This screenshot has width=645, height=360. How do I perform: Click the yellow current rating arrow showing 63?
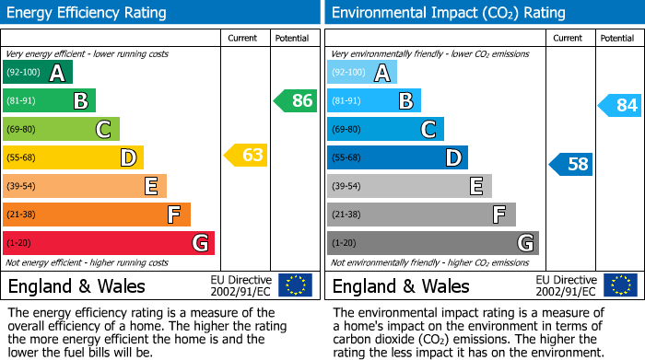pyautogui.click(x=246, y=156)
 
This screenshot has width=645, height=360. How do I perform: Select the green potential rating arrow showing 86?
pyautogui.click(x=296, y=100)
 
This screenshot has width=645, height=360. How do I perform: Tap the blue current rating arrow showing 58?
pyautogui.click(x=571, y=165)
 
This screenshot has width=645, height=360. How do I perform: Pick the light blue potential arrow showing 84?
pyautogui.click(x=620, y=106)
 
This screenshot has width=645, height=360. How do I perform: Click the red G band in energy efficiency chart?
pyautogui.click(x=109, y=243)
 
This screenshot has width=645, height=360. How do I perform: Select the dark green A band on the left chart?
pyautogui.click(x=38, y=73)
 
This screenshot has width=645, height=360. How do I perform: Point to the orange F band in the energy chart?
pyautogui.click(x=97, y=215)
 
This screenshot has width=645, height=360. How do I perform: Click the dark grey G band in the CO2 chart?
pyautogui.click(x=433, y=243)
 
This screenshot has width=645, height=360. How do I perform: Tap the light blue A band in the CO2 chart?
pyautogui.click(x=362, y=73)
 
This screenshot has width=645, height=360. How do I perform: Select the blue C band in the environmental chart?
pyautogui.click(x=385, y=129)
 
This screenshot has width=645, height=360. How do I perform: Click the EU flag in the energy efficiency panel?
pyautogui.click(x=295, y=285)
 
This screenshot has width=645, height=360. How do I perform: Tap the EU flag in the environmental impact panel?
pyautogui.click(x=619, y=285)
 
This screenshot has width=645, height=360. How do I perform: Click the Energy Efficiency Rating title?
pyautogui.click(x=88, y=13)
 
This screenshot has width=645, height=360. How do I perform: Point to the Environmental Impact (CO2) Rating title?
pyautogui.click(x=448, y=13)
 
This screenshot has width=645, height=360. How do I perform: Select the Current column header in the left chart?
pyautogui.click(x=243, y=38)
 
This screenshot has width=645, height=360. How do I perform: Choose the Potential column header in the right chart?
pyautogui.click(x=617, y=38)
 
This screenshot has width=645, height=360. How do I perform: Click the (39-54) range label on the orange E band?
pyautogui.click(x=22, y=186)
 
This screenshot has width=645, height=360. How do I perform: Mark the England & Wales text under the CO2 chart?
pyautogui.click(x=401, y=285)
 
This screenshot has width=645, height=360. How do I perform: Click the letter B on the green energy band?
pyautogui.click(x=80, y=101)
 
